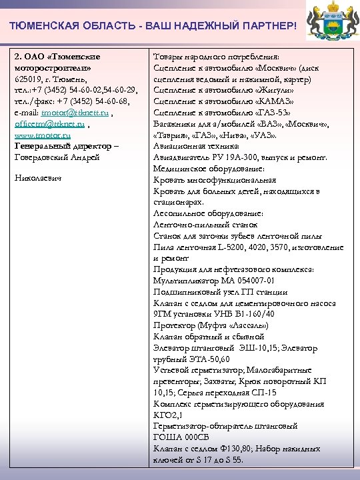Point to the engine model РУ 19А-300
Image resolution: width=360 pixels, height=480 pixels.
[236, 157]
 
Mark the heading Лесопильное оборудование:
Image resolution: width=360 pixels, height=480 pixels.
[207, 213]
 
